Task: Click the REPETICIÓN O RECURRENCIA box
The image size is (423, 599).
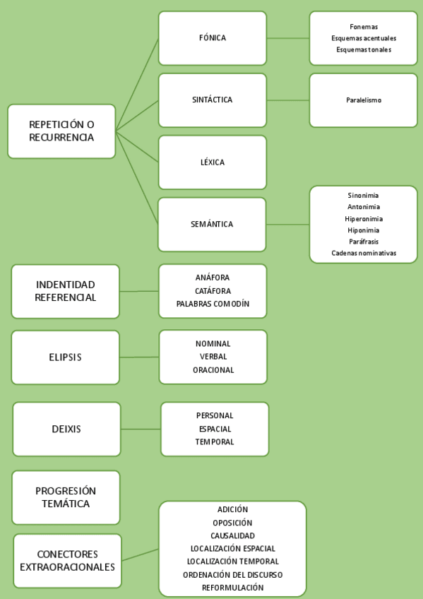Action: pyautogui.click(x=61, y=131)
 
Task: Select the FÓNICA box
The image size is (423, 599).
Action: pyautogui.click(x=213, y=38)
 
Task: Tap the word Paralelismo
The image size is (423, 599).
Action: pyautogui.click(x=364, y=100)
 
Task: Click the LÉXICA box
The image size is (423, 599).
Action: pyautogui.click(x=213, y=162)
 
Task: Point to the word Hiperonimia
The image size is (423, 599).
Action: pyautogui.click(x=364, y=219)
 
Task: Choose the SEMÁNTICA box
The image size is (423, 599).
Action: pyautogui.click(x=213, y=225)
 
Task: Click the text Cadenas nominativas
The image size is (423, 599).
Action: pyautogui.click(x=364, y=253)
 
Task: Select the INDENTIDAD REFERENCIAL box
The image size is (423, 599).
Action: pyautogui.click(x=66, y=291)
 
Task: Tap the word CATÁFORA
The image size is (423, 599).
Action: pyautogui.click(x=213, y=291)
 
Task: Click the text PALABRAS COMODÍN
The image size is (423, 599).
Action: pyautogui.click(x=213, y=304)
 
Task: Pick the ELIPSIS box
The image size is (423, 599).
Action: pyautogui.click(x=66, y=357)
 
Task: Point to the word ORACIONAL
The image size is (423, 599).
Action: pyautogui.click(x=213, y=370)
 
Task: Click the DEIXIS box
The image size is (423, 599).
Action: pyautogui.click(x=66, y=429)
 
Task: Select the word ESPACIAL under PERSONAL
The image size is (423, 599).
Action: pyautogui.click(x=215, y=429)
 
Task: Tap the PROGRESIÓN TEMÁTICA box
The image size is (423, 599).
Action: pyautogui.click(x=66, y=497)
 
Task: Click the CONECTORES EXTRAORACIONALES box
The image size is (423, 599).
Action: pyautogui.click(x=67, y=561)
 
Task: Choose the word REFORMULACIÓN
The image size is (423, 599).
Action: pyautogui.click(x=232, y=588)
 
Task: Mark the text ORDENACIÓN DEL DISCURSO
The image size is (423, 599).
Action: pyautogui.click(x=232, y=575)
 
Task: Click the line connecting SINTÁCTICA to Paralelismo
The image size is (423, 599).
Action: pyautogui.click(x=288, y=100)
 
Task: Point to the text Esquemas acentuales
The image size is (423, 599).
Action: pyautogui.click(x=364, y=38)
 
